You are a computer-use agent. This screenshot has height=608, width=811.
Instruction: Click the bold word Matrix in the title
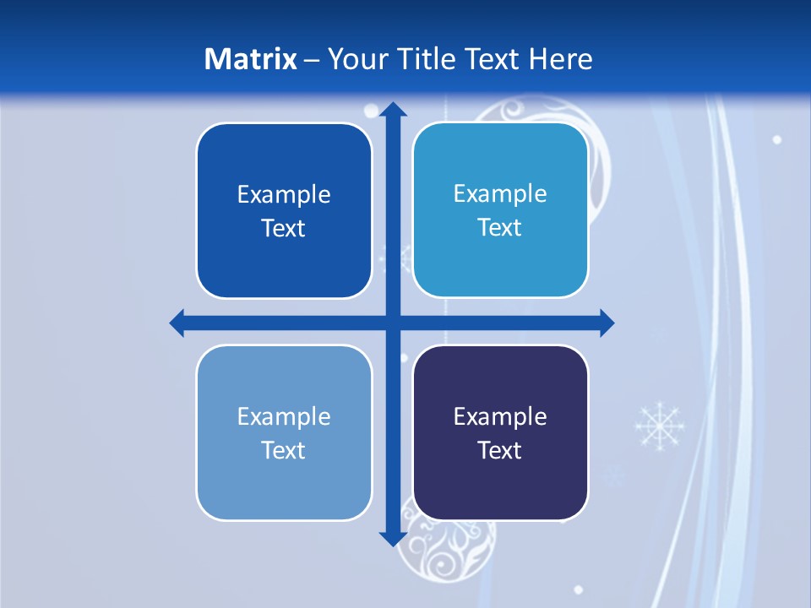(250, 59)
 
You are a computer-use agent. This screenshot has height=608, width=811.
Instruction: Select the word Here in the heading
(561, 59)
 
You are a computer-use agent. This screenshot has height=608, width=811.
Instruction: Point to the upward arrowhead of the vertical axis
(392, 109)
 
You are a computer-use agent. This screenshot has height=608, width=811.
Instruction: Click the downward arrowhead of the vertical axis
(392, 538)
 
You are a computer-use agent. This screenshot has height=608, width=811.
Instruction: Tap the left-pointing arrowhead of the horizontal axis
(177, 323)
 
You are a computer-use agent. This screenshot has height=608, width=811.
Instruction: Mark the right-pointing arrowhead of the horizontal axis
(607, 323)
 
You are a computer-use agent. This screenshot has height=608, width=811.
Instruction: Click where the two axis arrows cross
(392, 323)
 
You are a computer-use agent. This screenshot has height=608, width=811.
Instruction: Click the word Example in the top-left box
(284, 195)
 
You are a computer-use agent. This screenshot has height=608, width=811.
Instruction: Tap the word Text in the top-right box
(500, 228)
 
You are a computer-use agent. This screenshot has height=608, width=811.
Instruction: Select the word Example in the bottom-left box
(284, 417)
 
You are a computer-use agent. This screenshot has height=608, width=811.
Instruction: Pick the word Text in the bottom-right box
(500, 450)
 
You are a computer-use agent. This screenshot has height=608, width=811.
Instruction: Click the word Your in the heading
(356, 59)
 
